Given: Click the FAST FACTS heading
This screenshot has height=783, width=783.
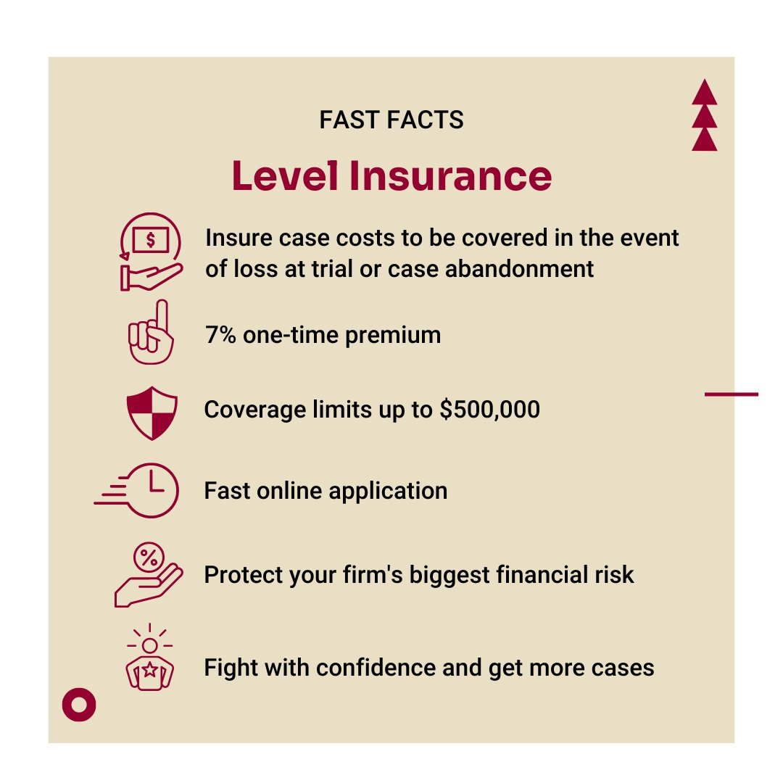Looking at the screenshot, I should click(391, 120).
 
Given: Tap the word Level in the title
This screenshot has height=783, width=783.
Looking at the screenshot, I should click(286, 177).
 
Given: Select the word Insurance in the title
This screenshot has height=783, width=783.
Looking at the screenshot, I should click(450, 177).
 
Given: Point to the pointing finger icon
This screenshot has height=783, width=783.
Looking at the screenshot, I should click(151, 332).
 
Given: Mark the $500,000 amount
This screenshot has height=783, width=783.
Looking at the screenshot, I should click(490, 410).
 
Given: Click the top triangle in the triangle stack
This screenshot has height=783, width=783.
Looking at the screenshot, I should click(704, 94).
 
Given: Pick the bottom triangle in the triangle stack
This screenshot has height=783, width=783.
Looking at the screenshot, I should click(704, 139).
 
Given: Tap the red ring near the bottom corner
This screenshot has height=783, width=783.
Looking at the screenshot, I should click(79, 704).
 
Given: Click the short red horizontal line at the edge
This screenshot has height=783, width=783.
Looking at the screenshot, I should click(731, 394).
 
